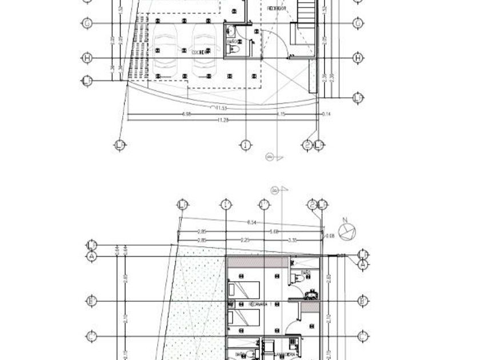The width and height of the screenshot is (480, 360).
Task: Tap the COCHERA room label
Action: pos(199,51)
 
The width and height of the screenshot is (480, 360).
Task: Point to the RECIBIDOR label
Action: pos(277,9)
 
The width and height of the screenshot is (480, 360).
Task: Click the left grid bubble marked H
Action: pos(87,58)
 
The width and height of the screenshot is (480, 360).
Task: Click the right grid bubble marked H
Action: pos(358,58)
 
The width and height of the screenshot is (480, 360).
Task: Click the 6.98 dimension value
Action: pos(186,114)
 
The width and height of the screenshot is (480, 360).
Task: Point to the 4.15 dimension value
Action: pos(281,114)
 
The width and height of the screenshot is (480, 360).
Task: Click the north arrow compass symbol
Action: pos(346,233)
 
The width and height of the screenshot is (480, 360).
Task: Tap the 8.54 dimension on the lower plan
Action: pos(251,222)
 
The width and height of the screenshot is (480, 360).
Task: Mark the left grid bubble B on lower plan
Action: pos(90,301)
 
